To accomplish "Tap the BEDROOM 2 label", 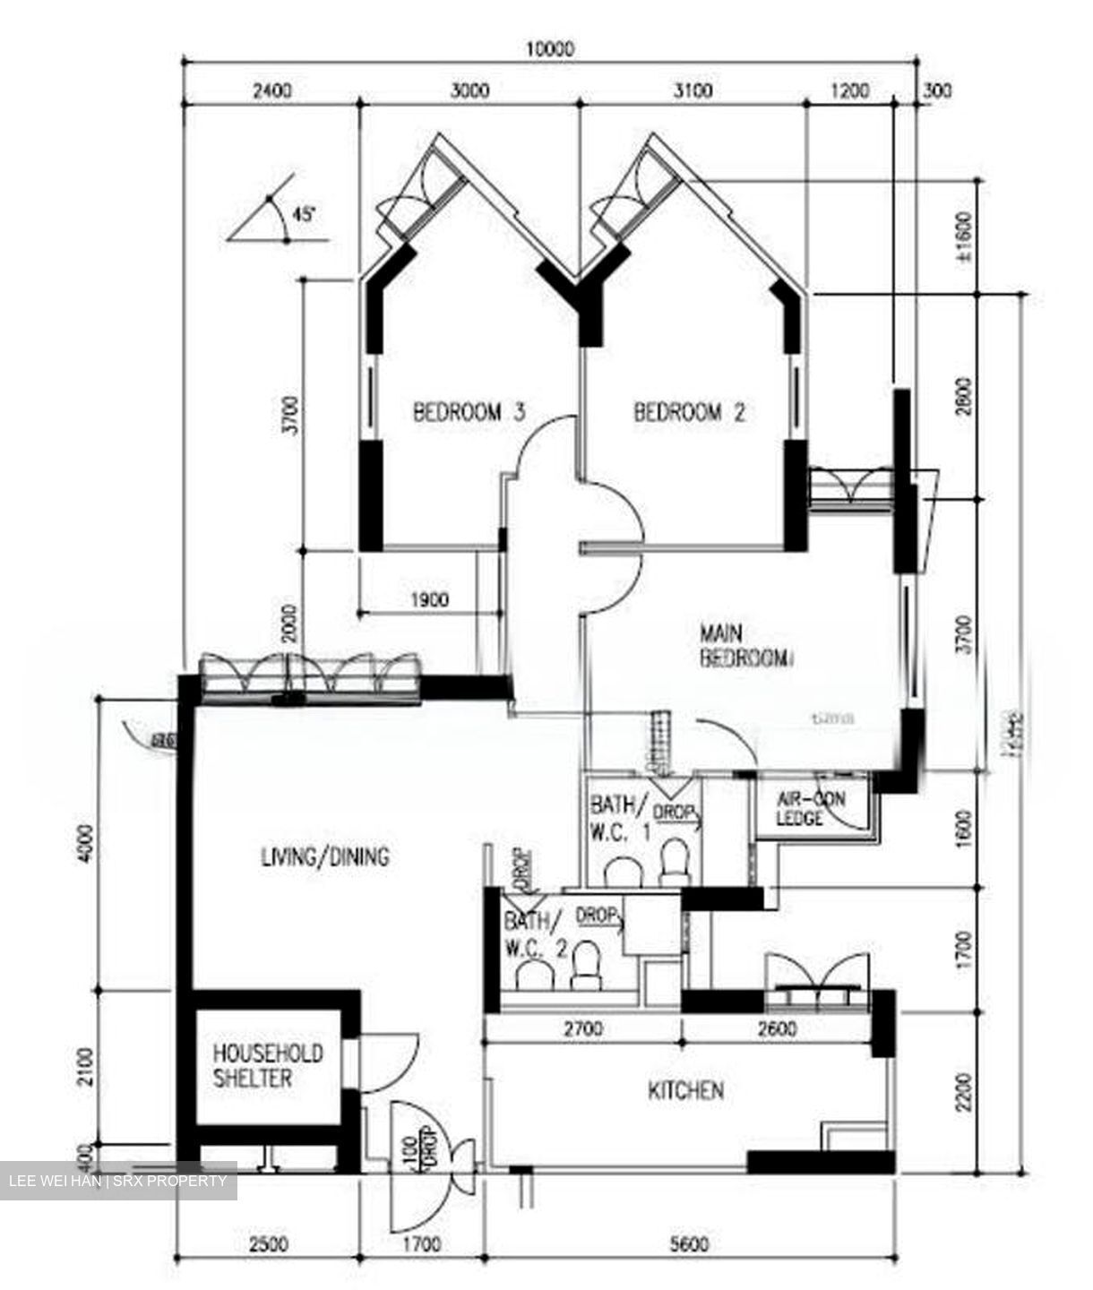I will (689, 412).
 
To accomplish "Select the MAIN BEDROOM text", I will (745, 646).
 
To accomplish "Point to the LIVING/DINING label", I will (325, 856).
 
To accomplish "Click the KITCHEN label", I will (685, 1090).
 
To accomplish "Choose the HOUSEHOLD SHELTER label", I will (267, 1065).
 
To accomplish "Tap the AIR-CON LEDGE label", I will (810, 808).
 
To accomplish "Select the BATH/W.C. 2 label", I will (534, 933).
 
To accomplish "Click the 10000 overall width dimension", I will (549, 49).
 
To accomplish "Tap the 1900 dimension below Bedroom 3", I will (429, 600).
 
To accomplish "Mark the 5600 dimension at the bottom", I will (688, 1244).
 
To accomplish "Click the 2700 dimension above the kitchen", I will (582, 1029).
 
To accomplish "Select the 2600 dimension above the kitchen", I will (776, 1029).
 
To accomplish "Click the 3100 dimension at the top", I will (692, 90).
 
